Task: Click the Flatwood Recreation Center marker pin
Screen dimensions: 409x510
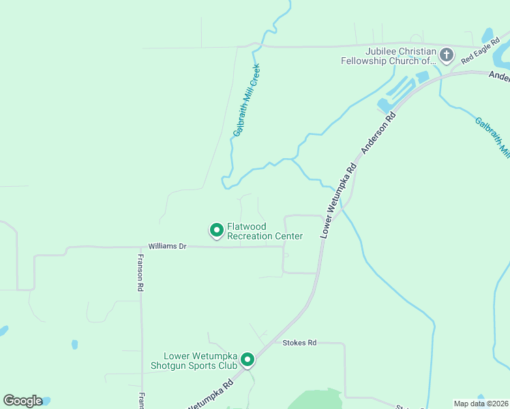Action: [x=216, y=230]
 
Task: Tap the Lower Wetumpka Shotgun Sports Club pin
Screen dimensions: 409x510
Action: [x=247, y=359]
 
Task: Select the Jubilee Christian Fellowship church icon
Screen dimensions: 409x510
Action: [x=447, y=55]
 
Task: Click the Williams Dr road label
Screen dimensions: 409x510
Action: [x=167, y=245]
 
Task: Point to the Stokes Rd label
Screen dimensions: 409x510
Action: [x=300, y=343]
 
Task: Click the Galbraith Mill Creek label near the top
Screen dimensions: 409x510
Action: [x=247, y=100]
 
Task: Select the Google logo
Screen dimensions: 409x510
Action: [x=22, y=401]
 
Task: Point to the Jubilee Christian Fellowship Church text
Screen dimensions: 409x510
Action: [x=389, y=56]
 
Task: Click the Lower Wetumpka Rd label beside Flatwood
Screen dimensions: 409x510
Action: [x=338, y=200]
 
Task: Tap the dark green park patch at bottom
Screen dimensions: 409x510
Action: [x=316, y=399]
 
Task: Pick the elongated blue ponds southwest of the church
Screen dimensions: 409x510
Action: [x=399, y=95]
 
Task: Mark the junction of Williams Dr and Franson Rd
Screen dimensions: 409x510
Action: [x=141, y=247]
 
